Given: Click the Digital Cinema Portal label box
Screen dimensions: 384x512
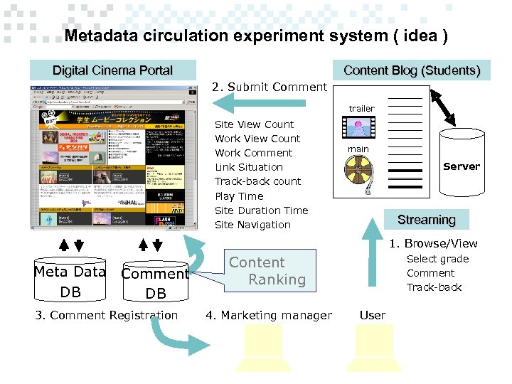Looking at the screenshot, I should pos(112,70).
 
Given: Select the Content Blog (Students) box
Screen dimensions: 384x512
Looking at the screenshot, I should pos(412,70).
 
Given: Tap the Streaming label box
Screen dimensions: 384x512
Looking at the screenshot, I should pos(427,220).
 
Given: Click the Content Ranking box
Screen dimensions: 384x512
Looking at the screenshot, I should pos(267,271).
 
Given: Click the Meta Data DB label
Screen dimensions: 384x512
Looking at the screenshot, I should pos(70,282).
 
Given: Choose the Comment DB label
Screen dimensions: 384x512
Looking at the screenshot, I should pos(155,283).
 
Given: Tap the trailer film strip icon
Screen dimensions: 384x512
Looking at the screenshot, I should pos(359,127).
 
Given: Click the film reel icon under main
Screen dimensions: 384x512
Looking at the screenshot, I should pos(358,171).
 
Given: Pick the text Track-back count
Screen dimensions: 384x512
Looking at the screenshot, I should pos(257,181).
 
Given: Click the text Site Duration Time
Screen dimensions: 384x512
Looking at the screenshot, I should pos(261,210).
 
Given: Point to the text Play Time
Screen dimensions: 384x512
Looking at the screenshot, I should pos(239,196).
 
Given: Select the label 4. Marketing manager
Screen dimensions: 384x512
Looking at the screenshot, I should pos(269,315).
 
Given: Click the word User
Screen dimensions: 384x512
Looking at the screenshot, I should pos(373,315).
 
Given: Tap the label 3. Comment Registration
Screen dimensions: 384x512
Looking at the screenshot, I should pos(107,315).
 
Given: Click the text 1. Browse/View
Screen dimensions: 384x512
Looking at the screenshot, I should pos(433,243).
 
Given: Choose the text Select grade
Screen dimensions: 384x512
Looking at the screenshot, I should pos(437,259).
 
